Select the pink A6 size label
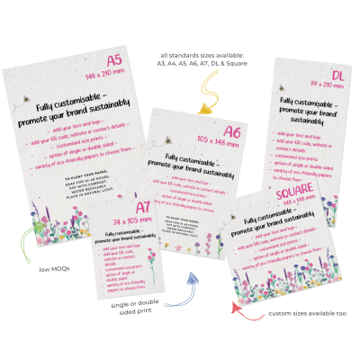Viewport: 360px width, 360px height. (x=231, y=131)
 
